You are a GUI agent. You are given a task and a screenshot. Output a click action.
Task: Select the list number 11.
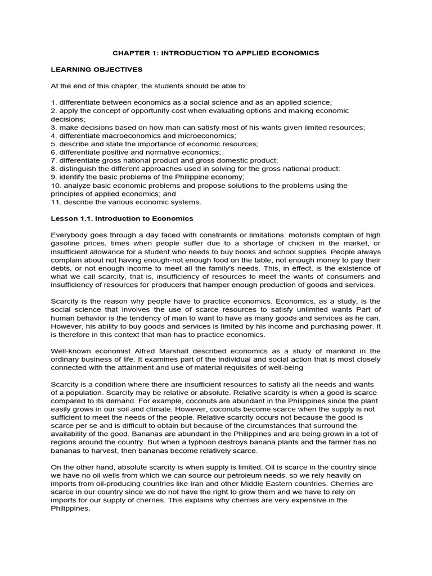[x=56, y=202]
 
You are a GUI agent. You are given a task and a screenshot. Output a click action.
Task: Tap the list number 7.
[x=53, y=160]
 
